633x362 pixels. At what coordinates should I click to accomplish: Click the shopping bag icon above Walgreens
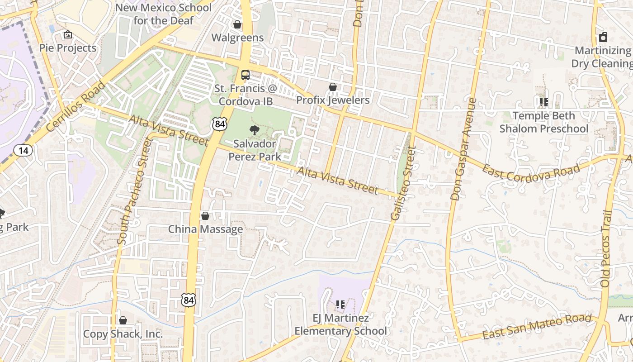pos(237,24)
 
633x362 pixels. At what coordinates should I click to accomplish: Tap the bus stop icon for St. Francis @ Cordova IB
pos(245,75)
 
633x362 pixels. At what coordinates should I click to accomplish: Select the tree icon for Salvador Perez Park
pos(255,130)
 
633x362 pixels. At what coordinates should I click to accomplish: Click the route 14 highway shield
pos(23,150)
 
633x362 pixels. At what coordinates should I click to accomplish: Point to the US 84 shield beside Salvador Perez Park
pos(220,124)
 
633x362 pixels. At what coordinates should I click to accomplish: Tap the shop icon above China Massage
pos(205,216)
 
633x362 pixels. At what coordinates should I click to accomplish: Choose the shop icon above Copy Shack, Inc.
pos(123,320)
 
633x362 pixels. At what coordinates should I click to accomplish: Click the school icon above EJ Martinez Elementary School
pos(340,305)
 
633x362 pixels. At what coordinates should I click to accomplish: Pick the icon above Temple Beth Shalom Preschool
pos(543,102)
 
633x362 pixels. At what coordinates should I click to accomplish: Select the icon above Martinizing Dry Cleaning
pos(603,37)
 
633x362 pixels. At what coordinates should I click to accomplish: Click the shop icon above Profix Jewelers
pos(333,86)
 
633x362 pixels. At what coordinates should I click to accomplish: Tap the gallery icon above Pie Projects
pos(68,34)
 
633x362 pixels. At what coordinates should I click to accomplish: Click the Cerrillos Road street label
pos(76,107)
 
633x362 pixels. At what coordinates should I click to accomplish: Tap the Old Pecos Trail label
pos(606,249)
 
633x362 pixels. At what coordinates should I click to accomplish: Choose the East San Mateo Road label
pos(537,327)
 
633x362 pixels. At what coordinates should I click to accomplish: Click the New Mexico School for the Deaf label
pos(163,14)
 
